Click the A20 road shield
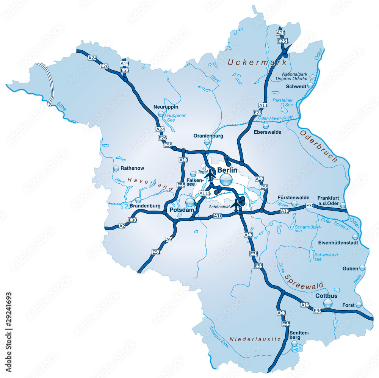281,33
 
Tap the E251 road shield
282,41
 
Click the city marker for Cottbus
328,303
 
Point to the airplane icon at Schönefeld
237,205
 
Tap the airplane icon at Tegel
210,174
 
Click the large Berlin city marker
227,180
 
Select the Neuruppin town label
163,107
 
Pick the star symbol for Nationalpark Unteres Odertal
312,77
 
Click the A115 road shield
205,194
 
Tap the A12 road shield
285,211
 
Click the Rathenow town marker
116,168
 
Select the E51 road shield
156,252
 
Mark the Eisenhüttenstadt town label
338,243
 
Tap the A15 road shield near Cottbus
305,305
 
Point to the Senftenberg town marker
294,343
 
